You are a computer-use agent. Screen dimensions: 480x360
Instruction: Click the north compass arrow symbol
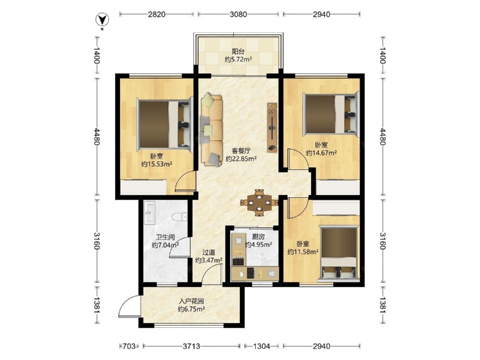click(x=103, y=21)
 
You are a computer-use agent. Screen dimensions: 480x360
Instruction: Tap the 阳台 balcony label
click(x=238, y=51)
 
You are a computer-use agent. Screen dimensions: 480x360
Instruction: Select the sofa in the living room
click(x=212, y=131)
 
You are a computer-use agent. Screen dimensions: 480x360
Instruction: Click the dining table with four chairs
click(x=259, y=203)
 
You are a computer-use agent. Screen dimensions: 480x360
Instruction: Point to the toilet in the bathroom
click(x=180, y=217)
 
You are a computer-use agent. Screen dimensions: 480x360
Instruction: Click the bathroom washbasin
click(x=150, y=213)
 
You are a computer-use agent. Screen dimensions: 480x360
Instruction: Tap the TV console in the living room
click(x=272, y=127)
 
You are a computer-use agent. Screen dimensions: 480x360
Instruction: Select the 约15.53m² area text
click(x=156, y=164)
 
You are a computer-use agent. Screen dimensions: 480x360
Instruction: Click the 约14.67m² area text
click(x=322, y=153)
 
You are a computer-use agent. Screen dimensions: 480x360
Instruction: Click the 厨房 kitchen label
click(x=258, y=237)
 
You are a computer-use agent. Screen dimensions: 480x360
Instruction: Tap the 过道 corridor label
click(x=209, y=252)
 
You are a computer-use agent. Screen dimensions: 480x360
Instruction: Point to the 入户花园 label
click(x=192, y=301)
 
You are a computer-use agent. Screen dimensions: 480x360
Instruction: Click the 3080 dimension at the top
click(x=238, y=14)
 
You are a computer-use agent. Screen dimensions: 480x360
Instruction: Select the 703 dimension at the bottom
click(x=129, y=346)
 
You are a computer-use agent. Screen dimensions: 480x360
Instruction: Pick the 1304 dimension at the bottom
click(x=262, y=346)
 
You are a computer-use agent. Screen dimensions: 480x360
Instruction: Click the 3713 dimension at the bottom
click(x=192, y=346)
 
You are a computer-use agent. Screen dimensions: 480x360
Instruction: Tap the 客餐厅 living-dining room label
click(x=241, y=151)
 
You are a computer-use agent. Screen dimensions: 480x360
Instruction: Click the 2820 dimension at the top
click(x=157, y=14)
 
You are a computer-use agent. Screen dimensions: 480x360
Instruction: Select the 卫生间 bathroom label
click(x=165, y=237)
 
